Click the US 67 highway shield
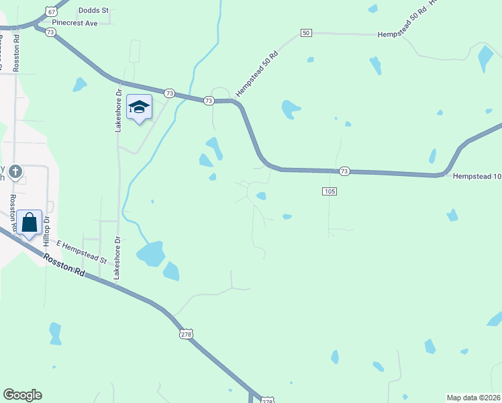[51, 12]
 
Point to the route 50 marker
[306, 33]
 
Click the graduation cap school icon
[139, 107]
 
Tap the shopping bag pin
[30, 222]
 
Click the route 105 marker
[329, 191]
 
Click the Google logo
[22, 395]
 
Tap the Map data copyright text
[474, 398]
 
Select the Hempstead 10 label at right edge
[477, 176]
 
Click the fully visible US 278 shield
[187, 334]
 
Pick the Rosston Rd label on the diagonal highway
[65, 265]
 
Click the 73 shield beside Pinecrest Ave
[50, 32]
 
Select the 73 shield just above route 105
[344, 171]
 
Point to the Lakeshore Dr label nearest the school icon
[118, 110]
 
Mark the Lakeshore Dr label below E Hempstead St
[117, 258]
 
